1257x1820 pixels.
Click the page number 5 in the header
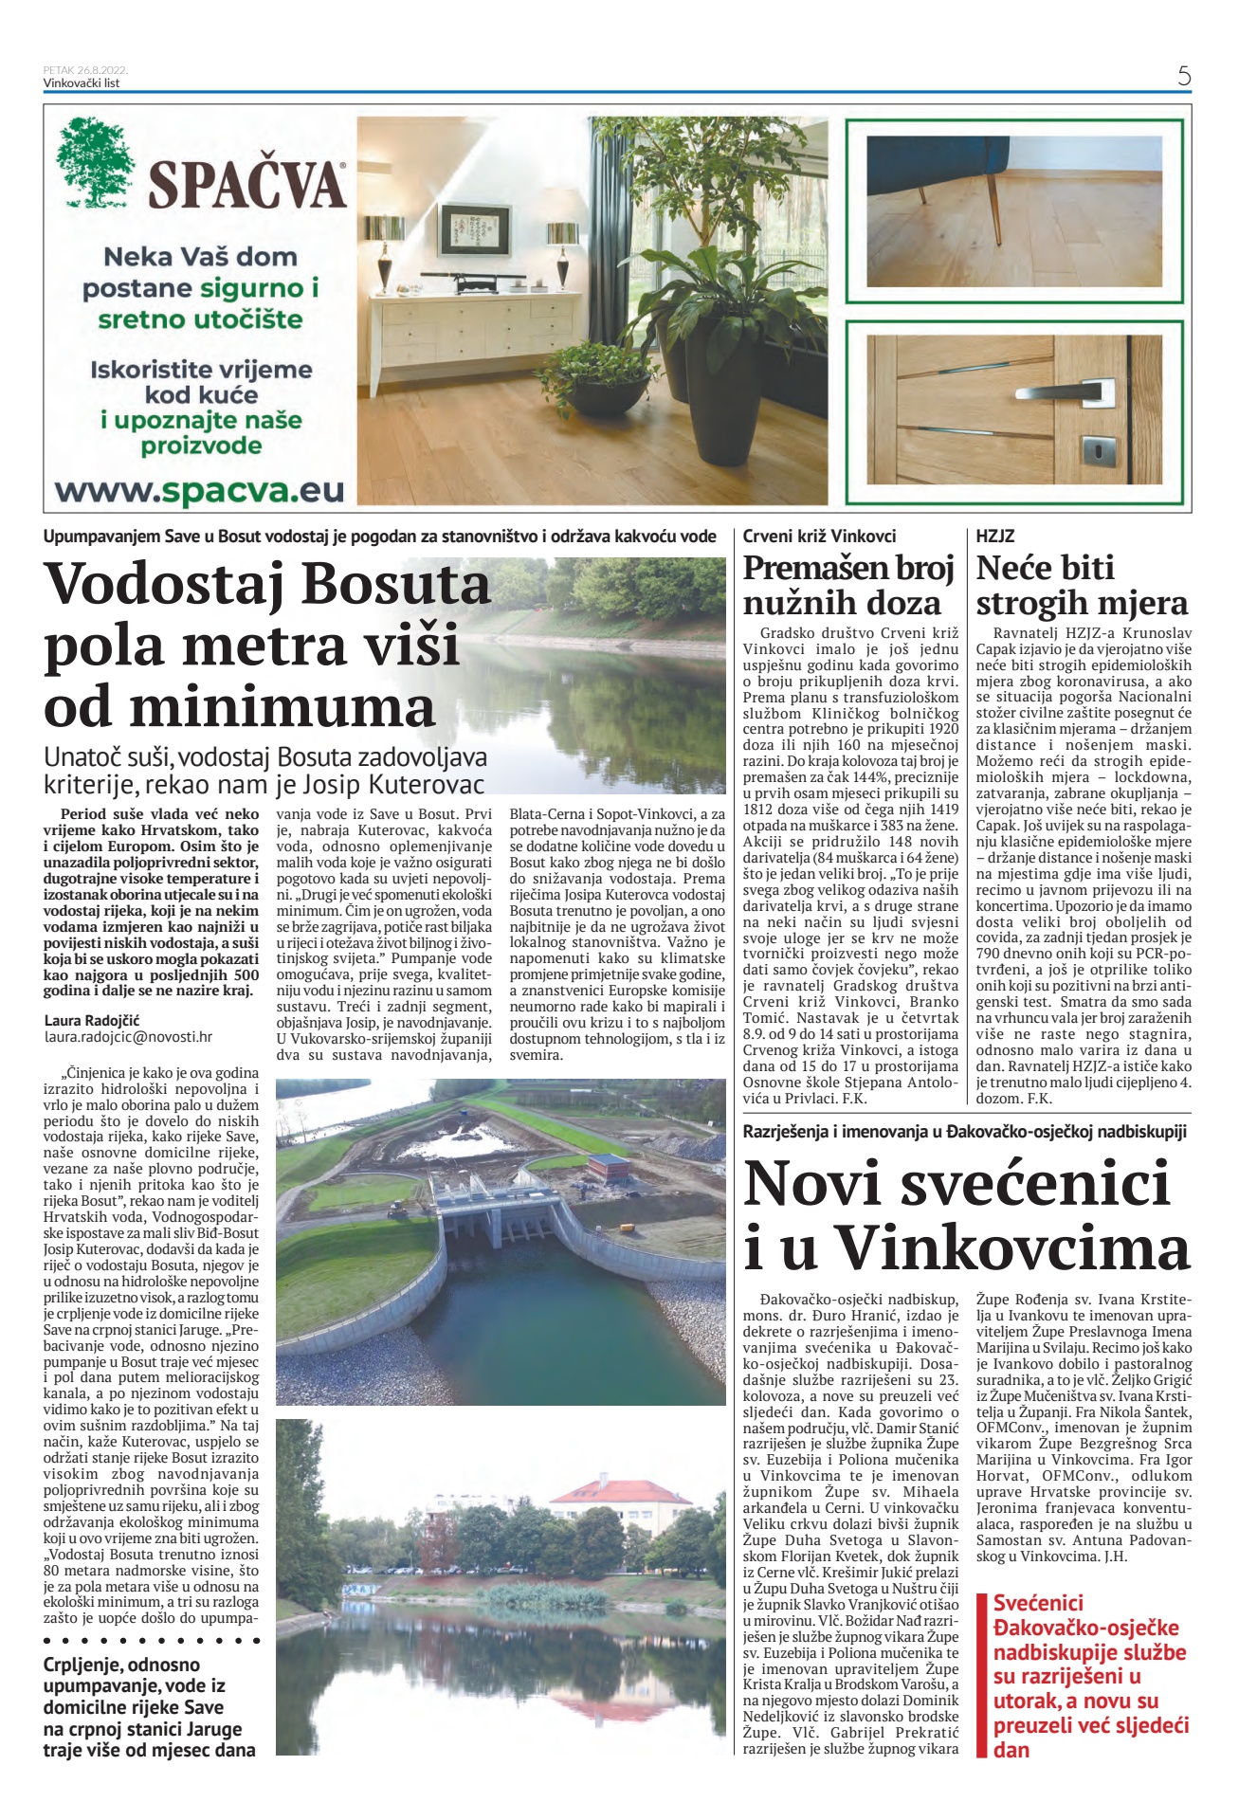point(1183,76)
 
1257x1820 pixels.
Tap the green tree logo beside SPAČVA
point(95,162)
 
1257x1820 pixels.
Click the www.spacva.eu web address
point(199,490)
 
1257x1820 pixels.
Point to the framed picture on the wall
point(474,228)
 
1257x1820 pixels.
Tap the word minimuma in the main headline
point(240,707)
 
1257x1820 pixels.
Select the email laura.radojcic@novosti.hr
point(128,1037)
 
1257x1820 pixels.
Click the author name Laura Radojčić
point(92,1020)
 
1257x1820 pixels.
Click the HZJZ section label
point(995,536)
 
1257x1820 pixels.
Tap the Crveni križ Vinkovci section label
point(819,536)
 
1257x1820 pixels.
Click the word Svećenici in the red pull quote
point(1038,1603)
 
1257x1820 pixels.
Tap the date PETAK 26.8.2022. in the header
point(85,70)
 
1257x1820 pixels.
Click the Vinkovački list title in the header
point(82,83)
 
